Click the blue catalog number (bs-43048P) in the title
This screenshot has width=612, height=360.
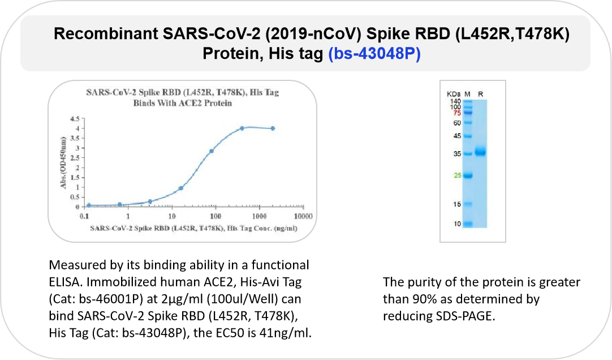pyautogui.click(x=374, y=54)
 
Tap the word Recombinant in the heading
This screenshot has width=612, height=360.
pyautogui.click(x=105, y=33)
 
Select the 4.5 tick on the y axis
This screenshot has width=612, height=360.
pyautogui.click(x=75, y=119)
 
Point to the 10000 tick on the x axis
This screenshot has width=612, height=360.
pyautogui.click(x=303, y=216)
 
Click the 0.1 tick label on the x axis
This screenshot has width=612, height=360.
pyautogui.click(x=84, y=216)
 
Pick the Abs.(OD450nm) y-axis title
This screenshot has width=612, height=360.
pyautogui.click(x=63, y=162)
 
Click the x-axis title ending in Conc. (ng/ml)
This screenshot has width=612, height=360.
pyautogui.click(x=193, y=228)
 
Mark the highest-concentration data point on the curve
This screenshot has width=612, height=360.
pyautogui.click(x=273, y=128)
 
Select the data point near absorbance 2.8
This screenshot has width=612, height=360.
pyautogui.click(x=211, y=151)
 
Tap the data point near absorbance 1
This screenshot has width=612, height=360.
pyautogui.click(x=181, y=188)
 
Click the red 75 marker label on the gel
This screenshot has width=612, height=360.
pyautogui.click(x=457, y=113)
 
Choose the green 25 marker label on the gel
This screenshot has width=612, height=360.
pyautogui.click(x=458, y=175)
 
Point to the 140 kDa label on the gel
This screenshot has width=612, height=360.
pyautogui.click(x=455, y=101)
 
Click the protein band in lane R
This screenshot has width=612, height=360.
pyautogui.click(x=480, y=152)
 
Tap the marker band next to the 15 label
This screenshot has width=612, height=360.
pyautogui.click(x=468, y=204)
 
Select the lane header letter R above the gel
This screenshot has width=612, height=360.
pyautogui.click(x=480, y=94)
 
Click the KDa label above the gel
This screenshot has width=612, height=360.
pyautogui.click(x=454, y=94)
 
